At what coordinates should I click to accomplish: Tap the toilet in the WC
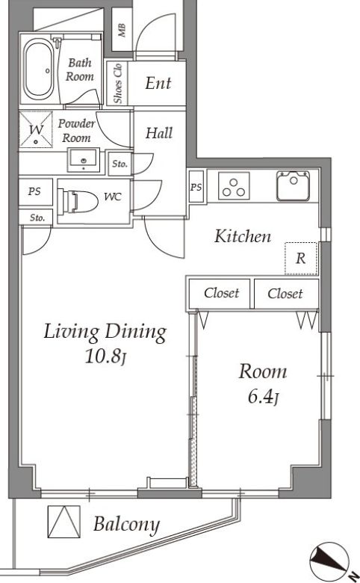click(79, 202)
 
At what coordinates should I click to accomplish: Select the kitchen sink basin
click(294, 185)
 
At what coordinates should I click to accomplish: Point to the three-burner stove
click(234, 186)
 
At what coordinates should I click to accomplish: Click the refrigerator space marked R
click(301, 259)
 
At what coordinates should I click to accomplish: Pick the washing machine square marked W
click(36, 130)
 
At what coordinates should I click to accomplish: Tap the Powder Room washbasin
click(84, 160)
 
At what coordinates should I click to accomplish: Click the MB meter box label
click(122, 31)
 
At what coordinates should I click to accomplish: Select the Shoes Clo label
click(118, 84)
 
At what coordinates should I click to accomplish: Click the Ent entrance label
click(158, 83)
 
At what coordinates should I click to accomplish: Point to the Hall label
click(159, 133)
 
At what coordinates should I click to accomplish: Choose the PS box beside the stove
click(196, 187)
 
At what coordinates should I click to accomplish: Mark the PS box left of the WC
click(35, 192)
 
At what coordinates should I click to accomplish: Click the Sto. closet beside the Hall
click(120, 164)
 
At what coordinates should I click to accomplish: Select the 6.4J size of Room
click(264, 397)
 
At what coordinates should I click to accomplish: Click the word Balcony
click(127, 525)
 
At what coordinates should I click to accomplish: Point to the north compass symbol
click(330, 561)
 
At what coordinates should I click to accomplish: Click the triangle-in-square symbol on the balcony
click(64, 521)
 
